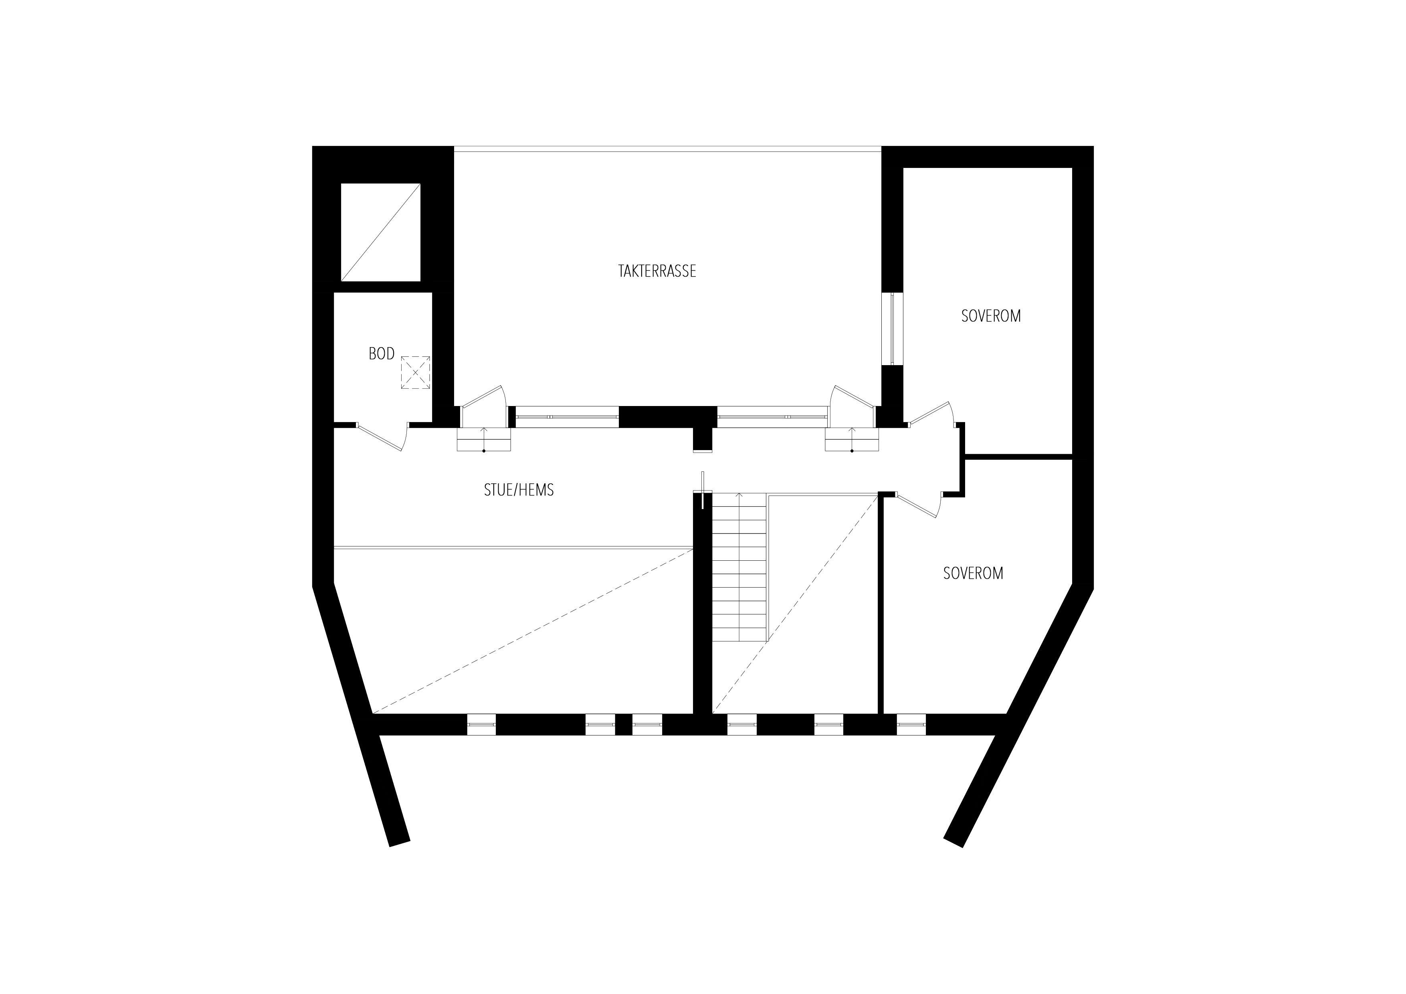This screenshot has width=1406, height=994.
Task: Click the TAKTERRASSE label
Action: coord(657,271)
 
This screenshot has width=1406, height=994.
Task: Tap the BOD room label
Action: coord(382,354)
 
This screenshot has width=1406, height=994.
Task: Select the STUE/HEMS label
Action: coord(519,490)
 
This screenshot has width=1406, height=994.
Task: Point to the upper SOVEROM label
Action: coord(991,316)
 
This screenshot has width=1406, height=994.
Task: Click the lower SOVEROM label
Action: coord(973,573)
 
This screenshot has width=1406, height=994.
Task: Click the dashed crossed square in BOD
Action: coord(415,372)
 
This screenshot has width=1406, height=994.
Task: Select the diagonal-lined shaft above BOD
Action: coord(381,232)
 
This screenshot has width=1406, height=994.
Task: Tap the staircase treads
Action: coord(739,568)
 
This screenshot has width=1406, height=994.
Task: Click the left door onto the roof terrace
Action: coord(484,404)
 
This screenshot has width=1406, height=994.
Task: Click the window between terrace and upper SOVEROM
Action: coord(892,329)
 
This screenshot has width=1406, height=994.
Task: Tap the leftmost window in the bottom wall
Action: coord(481,725)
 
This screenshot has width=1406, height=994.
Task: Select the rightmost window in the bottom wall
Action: coord(911,725)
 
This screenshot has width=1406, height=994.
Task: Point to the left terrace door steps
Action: coord(484,440)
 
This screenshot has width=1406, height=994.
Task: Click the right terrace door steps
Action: coord(852,440)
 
